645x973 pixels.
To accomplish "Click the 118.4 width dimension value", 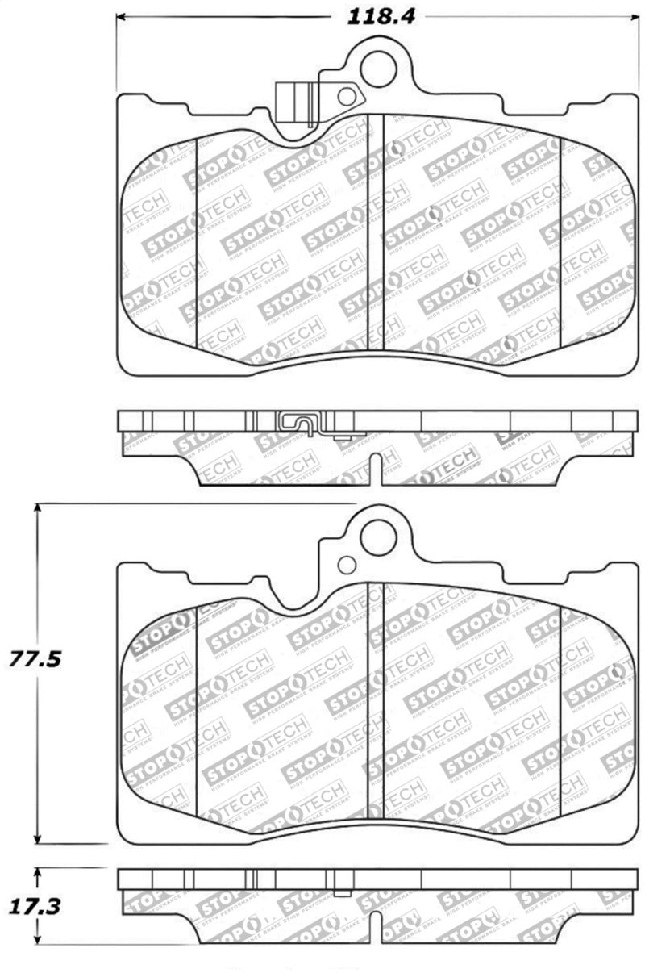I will pos(381,16).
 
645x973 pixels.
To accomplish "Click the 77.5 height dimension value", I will pos(35,658).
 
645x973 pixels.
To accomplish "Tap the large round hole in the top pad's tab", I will pos(378,68).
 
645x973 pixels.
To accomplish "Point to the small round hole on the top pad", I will pos(347,97).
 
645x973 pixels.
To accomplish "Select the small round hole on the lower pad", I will pos(347,565).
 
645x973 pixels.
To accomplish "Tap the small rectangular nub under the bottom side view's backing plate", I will pos(342,892).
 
